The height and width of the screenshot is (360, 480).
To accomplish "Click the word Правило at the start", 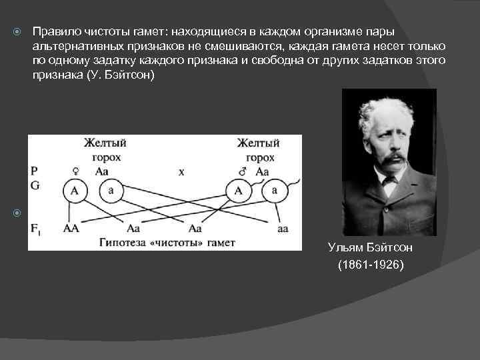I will coord(53,31).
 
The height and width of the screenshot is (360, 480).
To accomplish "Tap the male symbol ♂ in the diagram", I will coord(242,171).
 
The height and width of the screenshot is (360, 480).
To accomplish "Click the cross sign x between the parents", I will coord(181,171).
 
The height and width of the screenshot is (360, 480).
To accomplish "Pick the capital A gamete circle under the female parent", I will coord(75,191).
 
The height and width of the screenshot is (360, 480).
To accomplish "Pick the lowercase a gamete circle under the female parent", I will coord(110,191).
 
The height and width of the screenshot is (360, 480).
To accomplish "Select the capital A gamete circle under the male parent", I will coord(238,191).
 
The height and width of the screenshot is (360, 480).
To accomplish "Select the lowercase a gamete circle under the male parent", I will coord(273,191).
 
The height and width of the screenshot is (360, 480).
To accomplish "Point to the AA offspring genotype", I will coord(71,228).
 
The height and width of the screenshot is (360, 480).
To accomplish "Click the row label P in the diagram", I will coord(33,171).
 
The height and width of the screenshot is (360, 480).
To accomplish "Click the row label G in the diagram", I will coord(34,183).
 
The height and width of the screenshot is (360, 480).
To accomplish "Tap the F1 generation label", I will coord(35,228).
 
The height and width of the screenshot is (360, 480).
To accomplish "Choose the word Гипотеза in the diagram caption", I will coord(121,242).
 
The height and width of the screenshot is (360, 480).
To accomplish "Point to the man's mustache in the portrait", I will coord(393,158).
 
